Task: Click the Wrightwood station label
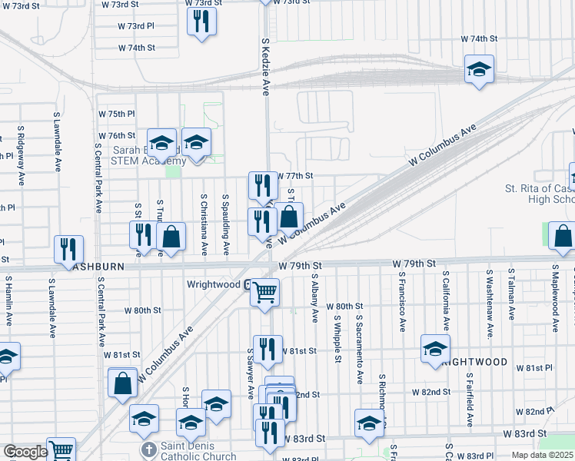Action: coord(214,284)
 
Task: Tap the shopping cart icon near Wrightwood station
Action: coord(264,292)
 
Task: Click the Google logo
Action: coord(25,452)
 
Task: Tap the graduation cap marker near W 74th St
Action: coord(479,70)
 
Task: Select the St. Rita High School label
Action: coord(538,194)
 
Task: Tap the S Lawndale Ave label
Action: coord(57,142)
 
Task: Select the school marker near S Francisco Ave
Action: coord(435,349)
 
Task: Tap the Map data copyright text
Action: coord(541,455)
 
